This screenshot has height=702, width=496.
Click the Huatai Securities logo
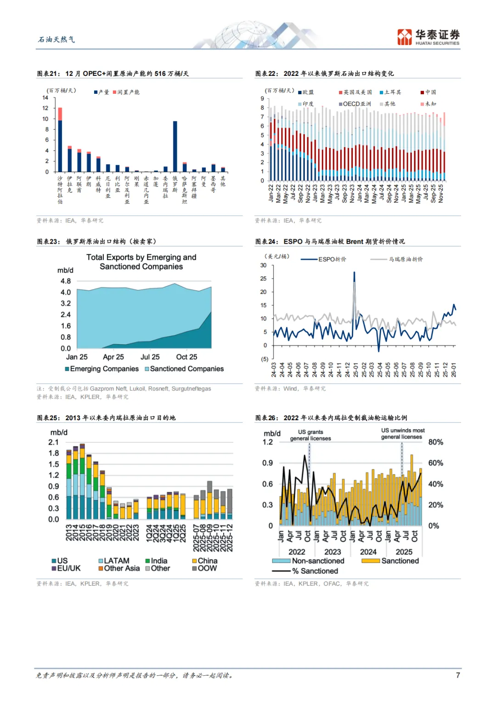coord(428,37)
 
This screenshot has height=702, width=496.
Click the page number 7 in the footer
coord(457,675)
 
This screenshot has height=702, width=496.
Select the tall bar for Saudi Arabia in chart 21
coord(60,143)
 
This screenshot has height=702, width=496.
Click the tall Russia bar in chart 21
coord(175,146)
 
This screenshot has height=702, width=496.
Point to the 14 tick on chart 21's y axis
coord(45,97)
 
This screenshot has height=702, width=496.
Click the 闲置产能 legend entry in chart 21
coord(128,92)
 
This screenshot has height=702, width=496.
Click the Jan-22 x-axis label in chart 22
coord(271,194)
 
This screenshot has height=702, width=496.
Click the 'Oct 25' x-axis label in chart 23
coord(186,357)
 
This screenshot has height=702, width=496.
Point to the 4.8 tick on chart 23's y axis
coord(66,281)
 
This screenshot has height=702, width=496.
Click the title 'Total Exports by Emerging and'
coord(141,257)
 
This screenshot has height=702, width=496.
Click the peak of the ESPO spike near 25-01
coord(354,273)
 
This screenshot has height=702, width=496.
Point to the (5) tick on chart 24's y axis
coord(265,359)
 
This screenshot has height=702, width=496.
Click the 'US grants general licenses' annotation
coord(310,435)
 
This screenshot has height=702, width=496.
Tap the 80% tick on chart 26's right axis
coord(435,442)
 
